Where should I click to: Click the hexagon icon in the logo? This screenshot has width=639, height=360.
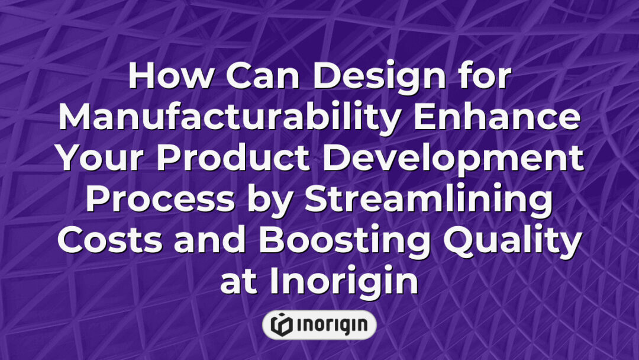[282, 325]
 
